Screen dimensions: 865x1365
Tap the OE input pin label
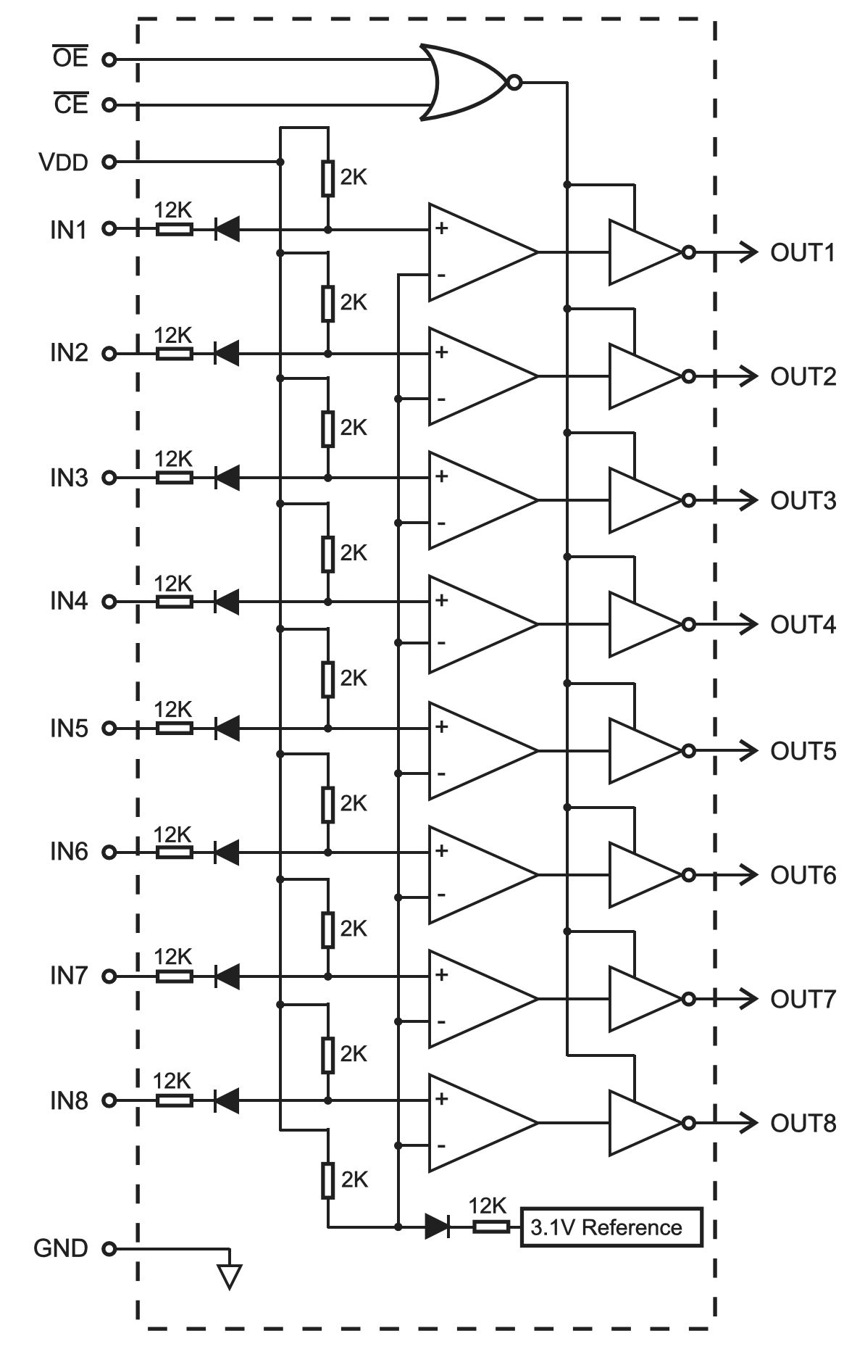70,57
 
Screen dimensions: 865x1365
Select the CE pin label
70,104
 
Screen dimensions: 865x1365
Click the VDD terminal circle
109,162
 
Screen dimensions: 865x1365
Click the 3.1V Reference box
611,1227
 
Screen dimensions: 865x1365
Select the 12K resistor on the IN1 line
175,229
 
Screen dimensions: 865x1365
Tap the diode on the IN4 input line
227,602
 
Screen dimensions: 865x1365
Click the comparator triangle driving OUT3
483,500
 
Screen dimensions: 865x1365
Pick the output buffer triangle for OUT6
645,875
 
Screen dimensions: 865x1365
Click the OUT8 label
803,1123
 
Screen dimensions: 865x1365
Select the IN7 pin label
69,976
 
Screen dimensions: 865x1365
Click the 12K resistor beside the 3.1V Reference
491,1227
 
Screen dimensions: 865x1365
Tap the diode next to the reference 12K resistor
438,1227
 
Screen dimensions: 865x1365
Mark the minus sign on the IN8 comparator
441,1145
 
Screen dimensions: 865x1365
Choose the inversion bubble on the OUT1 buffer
689,252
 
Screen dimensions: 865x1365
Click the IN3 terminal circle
109,478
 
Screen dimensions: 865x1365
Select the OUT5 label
803,751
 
